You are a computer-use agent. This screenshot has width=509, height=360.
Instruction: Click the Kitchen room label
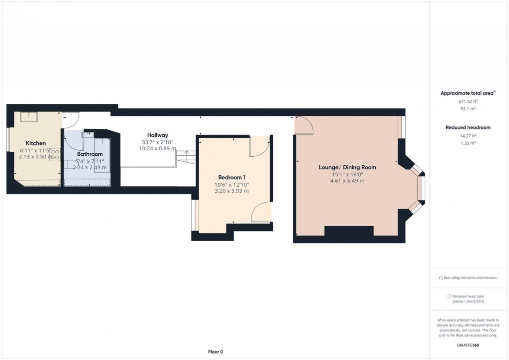click(36, 143)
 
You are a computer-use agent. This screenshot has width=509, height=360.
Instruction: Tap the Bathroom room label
click(90, 154)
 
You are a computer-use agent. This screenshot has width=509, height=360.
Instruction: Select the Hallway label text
click(157, 135)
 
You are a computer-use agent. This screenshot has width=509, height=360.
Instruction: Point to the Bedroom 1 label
click(232, 177)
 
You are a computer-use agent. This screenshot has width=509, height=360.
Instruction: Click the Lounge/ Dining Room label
click(347, 167)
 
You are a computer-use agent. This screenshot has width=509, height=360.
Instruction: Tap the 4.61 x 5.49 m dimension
click(347, 180)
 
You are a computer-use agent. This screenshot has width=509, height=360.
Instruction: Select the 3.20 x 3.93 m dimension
click(232, 191)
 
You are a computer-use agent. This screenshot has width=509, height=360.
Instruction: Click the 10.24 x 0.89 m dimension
click(157, 148)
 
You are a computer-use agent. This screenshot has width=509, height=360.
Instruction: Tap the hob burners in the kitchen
click(54, 154)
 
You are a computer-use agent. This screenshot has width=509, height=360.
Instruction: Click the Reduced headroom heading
click(468, 128)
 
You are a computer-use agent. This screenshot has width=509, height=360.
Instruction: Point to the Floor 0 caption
click(216, 352)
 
